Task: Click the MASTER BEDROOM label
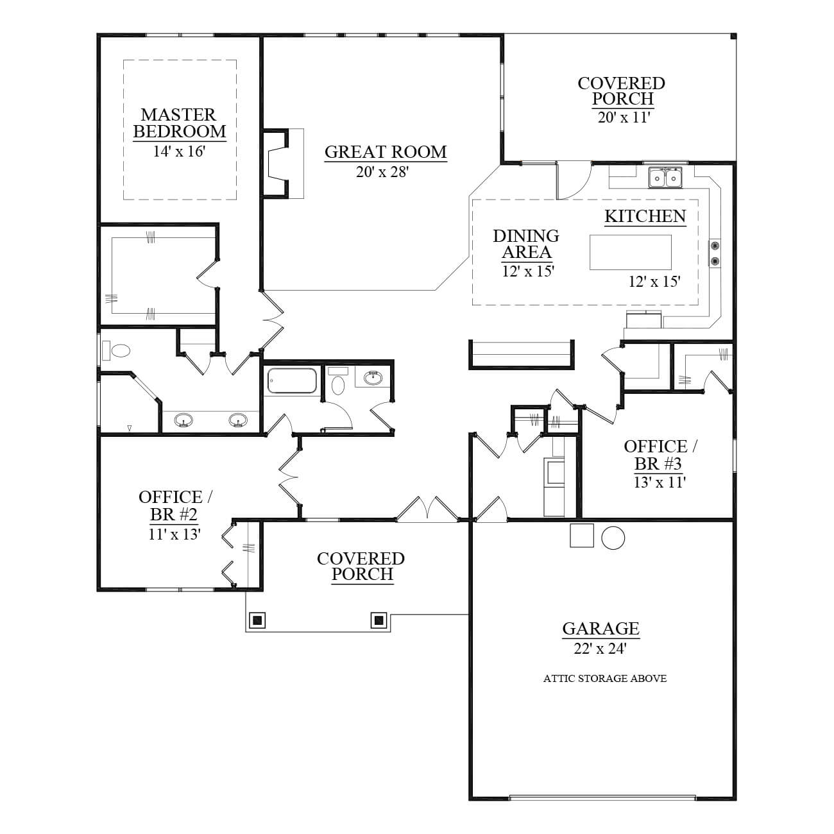pos(179,123)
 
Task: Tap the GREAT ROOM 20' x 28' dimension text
pos(382,173)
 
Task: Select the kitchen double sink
pos(665,178)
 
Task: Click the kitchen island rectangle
pos(630,252)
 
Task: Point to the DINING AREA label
pos(526,244)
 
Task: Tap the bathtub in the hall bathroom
pos(291,381)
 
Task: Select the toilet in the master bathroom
pos(116,350)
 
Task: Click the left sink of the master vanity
pos(183,420)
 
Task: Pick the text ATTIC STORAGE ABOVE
pos(604,679)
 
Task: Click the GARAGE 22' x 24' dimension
pos(600,649)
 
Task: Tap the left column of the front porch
pos(257,620)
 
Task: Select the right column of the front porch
pos(379,620)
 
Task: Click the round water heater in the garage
pos(613,538)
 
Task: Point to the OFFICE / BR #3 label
pos(660,455)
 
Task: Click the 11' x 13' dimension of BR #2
pos(174,534)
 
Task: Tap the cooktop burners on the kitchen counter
pos(715,253)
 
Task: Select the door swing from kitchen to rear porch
pos(574,180)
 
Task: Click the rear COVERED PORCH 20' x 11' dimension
pos(624,117)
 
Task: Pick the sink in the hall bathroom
pos(373,379)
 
